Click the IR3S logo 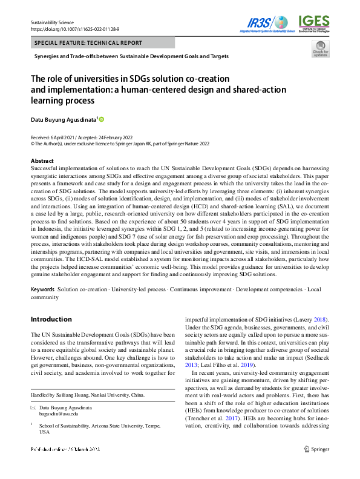[x=266, y=22]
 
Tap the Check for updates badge [x=321, y=50]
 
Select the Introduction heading [x=51, y=319]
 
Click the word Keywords [x=43, y=290]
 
